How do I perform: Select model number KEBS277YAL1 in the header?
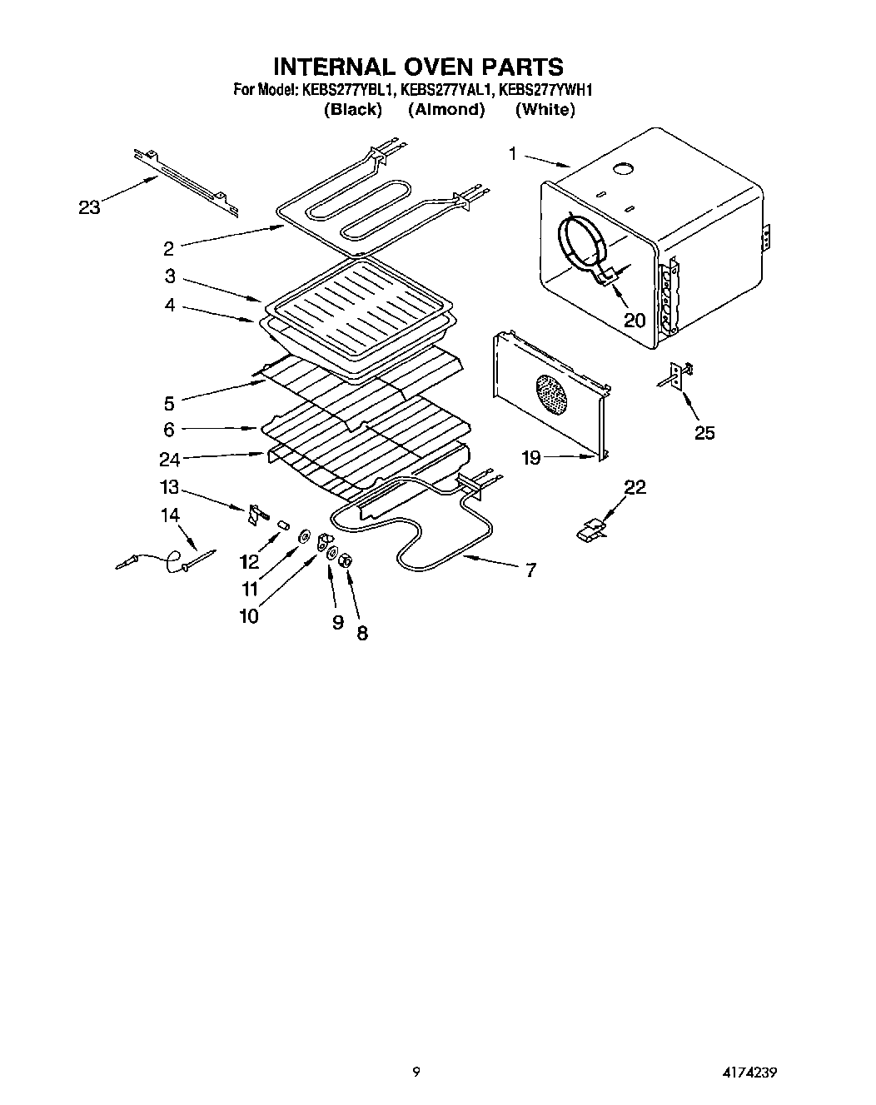(x=447, y=90)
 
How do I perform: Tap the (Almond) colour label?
(x=446, y=109)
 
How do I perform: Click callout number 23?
(x=89, y=207)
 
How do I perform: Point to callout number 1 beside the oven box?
(x=514, y=153)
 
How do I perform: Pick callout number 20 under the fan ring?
(x=635, y=319)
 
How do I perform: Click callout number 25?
(x=704, y=432)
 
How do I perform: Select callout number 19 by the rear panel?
(x=531, y=457)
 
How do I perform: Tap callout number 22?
(x=635, y=487)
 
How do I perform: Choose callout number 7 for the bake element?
(x=530, y=570)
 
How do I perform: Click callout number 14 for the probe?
(x=170, y=515)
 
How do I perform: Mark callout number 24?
(x=170, y=459)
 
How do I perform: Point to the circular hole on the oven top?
(x=621, y=170)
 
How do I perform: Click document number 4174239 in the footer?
(x=754, y=1073)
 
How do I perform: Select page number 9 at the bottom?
(x=416, y=1073)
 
